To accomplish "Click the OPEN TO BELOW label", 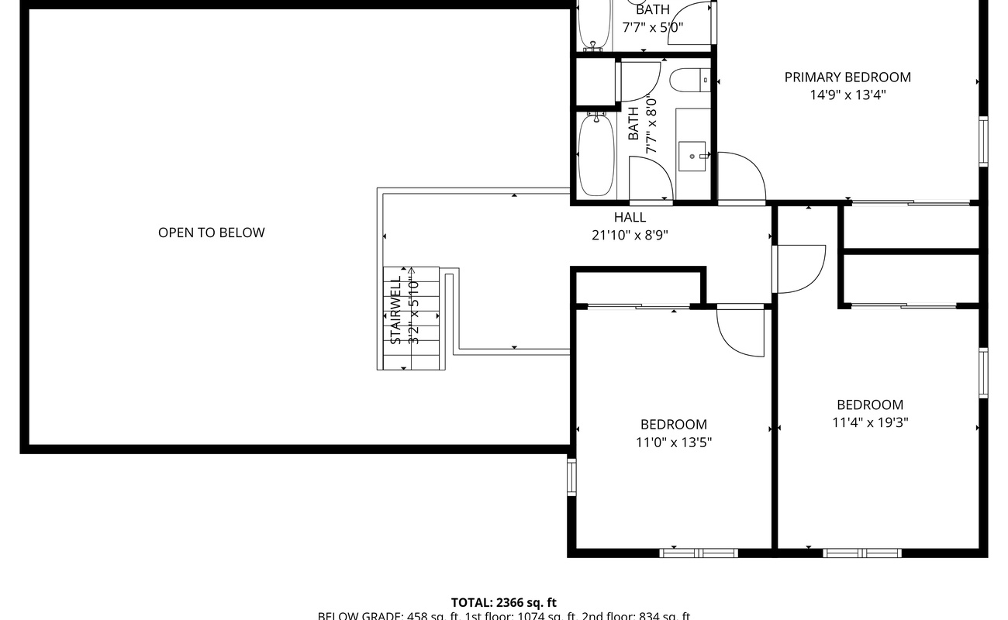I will [211, 232].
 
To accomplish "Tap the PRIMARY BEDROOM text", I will [847, 77].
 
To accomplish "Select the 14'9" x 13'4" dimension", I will [847, 95].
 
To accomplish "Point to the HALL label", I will [630, 218].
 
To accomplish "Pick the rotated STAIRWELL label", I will [395, 310].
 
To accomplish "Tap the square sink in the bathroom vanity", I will [692, 156].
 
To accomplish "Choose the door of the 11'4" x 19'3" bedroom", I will [799, 268].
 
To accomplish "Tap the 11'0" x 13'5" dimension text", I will [673, 443].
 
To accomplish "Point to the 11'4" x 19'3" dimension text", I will [870, 422].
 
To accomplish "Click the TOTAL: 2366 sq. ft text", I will [504, 602].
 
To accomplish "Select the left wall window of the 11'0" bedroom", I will [572, 477].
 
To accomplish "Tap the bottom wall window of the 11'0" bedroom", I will [698, 553].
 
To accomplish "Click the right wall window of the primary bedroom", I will [983, 141].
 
